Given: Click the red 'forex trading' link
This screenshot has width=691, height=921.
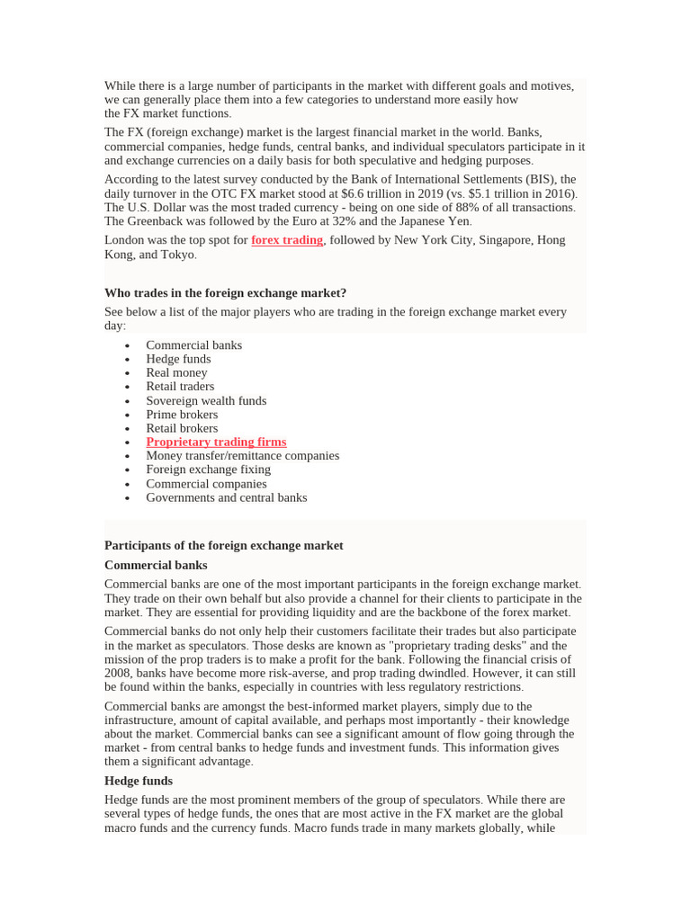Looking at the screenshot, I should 286,240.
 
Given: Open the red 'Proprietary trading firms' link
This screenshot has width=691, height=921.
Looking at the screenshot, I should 216,442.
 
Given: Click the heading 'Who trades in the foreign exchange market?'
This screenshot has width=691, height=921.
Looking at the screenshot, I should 225,292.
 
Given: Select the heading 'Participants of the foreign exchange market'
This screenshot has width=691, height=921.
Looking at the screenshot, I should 223,545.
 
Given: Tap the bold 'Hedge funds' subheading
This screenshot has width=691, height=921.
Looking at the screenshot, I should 139,781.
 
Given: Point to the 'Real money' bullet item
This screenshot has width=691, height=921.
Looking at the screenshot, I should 176,372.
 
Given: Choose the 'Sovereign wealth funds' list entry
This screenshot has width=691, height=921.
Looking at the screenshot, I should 206,400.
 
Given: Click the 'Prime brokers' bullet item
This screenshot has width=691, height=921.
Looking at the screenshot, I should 182,415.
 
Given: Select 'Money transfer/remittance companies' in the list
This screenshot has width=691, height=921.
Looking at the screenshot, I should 242,455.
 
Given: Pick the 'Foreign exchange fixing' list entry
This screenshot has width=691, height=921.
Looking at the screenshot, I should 208,469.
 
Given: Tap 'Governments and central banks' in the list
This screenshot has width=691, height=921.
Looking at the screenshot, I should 226,497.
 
